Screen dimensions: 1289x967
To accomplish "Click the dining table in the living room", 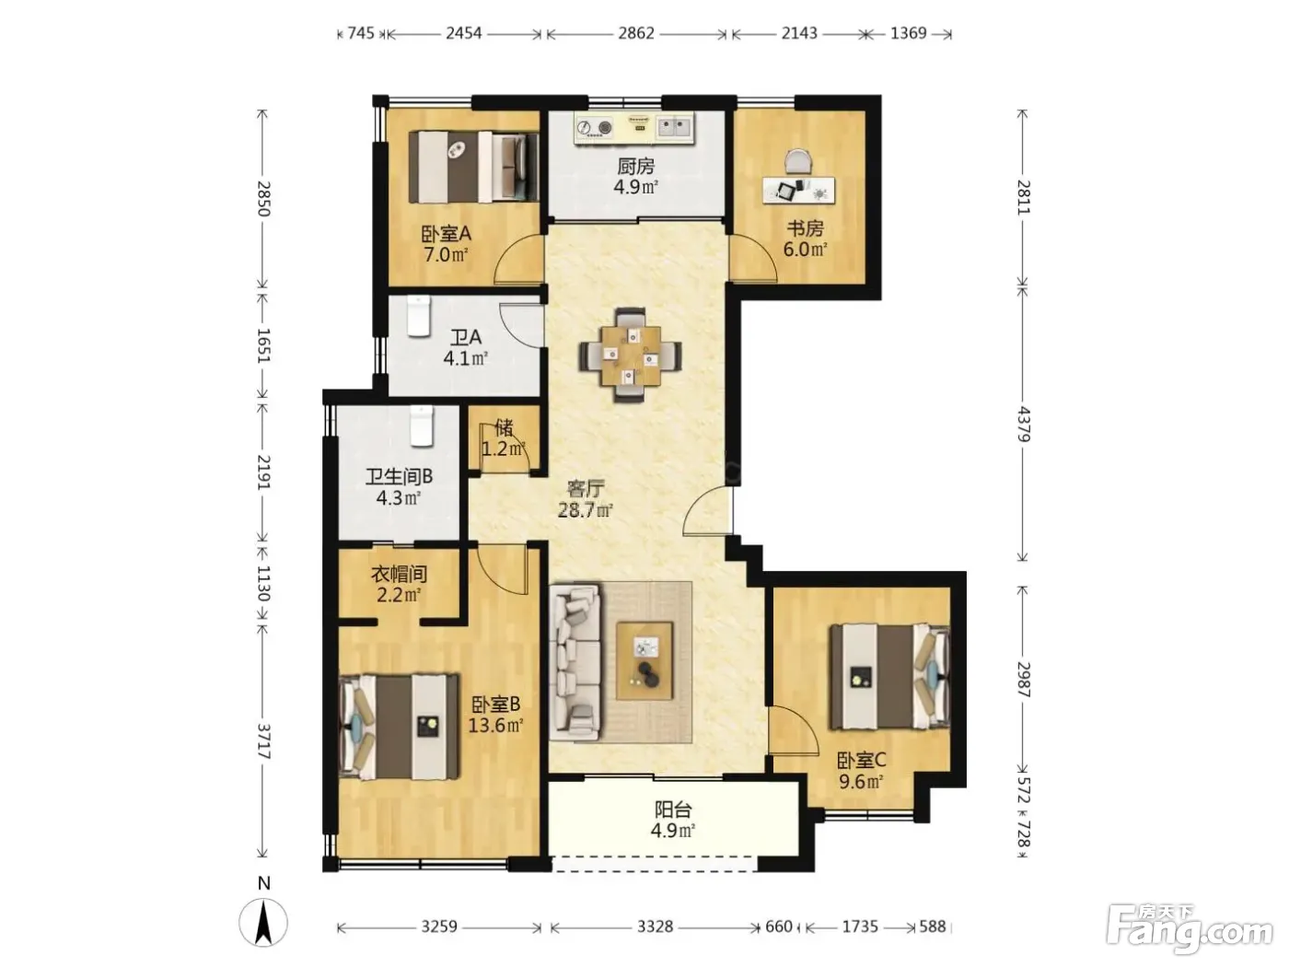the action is pyautogui.click(x=630, y=355).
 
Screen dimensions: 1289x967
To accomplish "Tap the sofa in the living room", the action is pyautogui.click(x=575, y=661).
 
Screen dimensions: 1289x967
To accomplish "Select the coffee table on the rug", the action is pyautogui.click(x=644, y=660).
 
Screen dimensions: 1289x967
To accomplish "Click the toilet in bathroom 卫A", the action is pyautogui.click(x=419, y=316).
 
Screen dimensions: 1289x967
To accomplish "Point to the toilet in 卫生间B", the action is pyautogui.click(x=421, y=425).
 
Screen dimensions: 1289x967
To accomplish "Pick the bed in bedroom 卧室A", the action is pyautogui.click(x=473, y=168).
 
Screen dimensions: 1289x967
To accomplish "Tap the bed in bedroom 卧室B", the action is pyautogui.click(x=400, y=727).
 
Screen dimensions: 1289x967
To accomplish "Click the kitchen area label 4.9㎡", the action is pyautogui.click(x=635, y=188).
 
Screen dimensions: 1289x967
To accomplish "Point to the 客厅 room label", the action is pyautogui.click(x=586, y=488).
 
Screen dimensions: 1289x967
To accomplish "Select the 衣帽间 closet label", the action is pyautogui.click(x=399, y=574).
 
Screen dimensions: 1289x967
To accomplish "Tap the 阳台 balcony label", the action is pyautogui.click(x=673, y=810).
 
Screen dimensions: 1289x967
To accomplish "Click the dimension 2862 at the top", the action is pyautogui.click(x=636, y=33).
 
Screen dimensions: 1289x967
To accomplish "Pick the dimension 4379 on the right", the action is pyautogui.click(x=1024, y=424).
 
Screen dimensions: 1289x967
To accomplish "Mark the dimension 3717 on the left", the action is pyautogui.click(x=263, y=741).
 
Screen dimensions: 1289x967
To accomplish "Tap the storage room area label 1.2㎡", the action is pyautogui.click(x=504, y=449).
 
